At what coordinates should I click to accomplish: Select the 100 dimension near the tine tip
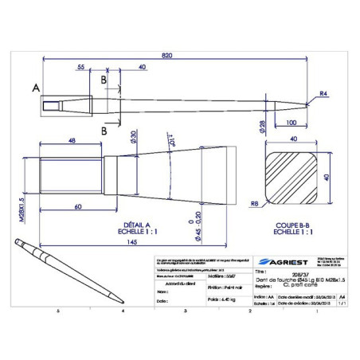[292, 123]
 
